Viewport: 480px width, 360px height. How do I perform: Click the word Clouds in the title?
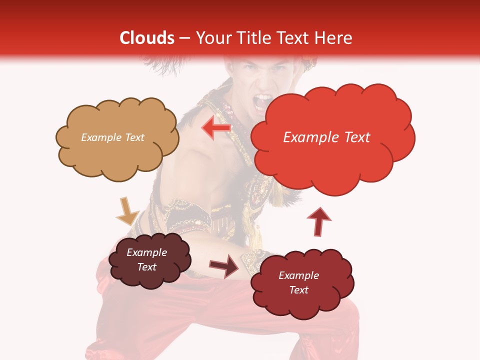click(146, 38)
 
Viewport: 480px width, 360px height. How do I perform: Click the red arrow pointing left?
click(216, 128)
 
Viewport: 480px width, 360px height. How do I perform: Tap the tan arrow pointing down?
click(127, 211)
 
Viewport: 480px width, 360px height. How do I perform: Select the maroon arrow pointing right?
click(224, 266)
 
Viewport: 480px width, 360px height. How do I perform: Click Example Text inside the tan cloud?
click(112, 137)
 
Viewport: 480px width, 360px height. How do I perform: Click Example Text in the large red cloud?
click(326, 137)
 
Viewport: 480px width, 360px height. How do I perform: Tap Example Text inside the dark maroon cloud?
click(147, 259)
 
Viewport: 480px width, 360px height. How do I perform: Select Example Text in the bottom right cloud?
click(298, 282)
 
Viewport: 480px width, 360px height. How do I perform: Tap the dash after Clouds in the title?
click(184, 38)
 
